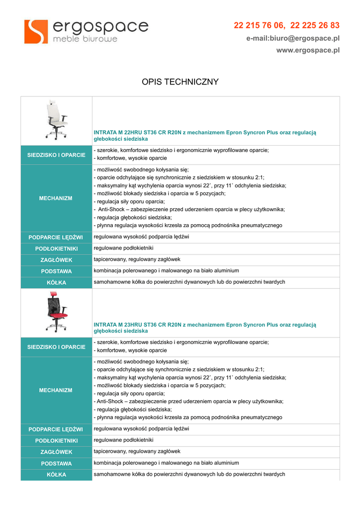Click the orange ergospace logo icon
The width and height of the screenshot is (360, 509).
36,31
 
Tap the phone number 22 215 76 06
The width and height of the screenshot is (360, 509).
259,25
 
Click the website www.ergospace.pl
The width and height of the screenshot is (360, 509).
308,50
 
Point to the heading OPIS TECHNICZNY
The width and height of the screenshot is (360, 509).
180,82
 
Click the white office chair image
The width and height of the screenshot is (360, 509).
56,120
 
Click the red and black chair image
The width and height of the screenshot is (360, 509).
56,312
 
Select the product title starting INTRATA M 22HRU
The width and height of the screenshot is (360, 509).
205,136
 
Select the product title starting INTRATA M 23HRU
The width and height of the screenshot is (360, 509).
205,328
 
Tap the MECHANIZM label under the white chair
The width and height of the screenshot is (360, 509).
56,198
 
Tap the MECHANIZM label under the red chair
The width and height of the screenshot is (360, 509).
56,390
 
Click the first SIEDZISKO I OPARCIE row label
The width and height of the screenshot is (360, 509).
56,155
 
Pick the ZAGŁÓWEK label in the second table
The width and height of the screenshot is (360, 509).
56,452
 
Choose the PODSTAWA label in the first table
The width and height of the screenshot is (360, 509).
56,271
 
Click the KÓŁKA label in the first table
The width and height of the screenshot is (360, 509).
56,283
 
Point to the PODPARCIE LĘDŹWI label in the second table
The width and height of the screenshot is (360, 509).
56,429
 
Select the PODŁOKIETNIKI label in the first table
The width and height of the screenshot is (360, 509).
56,249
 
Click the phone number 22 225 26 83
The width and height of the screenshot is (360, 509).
315,25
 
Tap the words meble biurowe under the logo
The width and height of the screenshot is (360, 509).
85,39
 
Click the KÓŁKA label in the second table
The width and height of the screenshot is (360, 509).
56,475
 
